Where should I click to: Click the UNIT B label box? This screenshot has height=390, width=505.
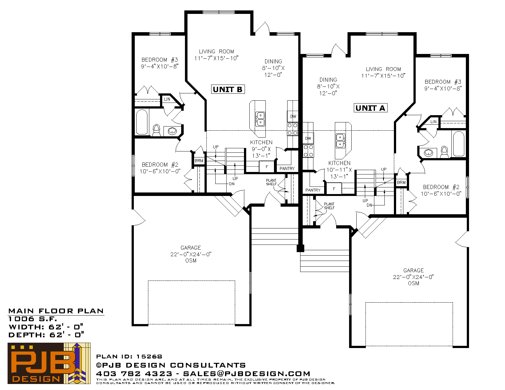click(x=228, y=89)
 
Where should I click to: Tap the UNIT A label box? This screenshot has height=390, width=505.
click(x=371, y=108)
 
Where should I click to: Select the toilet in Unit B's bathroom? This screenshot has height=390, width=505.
click(x=157, y=130)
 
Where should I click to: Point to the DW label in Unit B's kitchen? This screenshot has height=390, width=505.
click(x=293, y=116)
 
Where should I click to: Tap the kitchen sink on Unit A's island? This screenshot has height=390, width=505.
click(x=341, y=141)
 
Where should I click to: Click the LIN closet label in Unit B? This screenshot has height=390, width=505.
click(x=167, y=99)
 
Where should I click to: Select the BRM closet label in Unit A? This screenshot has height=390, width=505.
click(x=401, y=182)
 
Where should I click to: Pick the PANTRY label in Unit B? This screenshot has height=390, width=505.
click(x=287, y=168)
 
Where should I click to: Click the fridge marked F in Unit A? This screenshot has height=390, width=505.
click(x=334, y=189)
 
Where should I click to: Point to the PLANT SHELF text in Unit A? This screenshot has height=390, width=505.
click(x=329, y=206)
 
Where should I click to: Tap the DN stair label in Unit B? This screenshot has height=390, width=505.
click(x=232, y=184)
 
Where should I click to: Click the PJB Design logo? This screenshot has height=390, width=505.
click(x=49, y=363)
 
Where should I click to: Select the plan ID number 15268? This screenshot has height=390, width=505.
click(x=149, y=357)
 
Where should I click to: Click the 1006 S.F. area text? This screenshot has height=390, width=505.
click(x=33, y=319)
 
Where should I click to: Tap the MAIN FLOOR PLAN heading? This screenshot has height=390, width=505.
click(x=56, y=311)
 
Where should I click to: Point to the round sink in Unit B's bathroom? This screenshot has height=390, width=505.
click(x=172, y=131)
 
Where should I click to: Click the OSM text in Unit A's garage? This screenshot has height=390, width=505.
click(x=413, y=283)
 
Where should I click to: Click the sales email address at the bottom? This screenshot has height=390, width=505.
click(x=247, y=374)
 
